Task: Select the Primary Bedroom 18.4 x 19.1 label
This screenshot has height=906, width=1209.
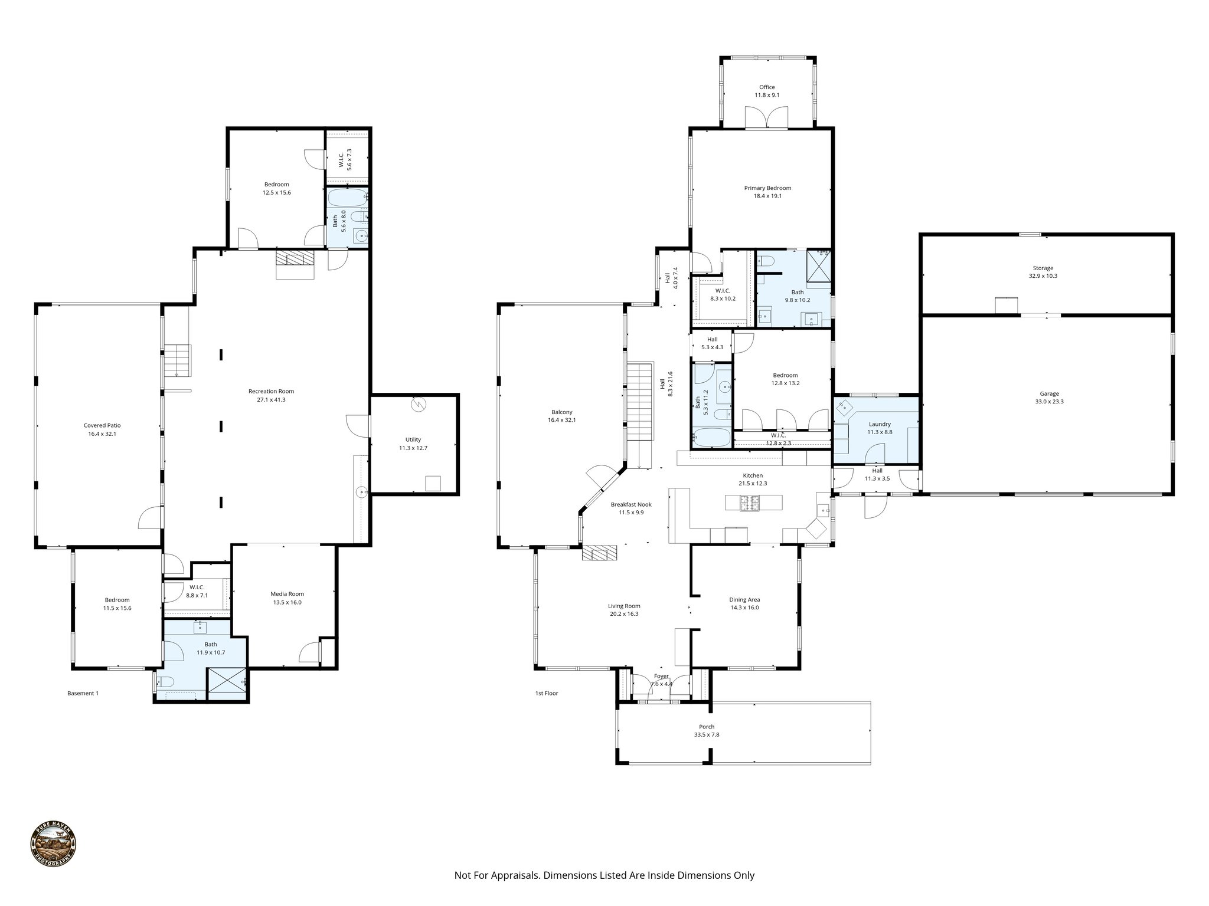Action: click(767, 192)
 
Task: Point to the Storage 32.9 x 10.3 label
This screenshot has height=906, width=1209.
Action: click(1043, 272)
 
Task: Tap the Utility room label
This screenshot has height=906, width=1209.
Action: click(413, 444)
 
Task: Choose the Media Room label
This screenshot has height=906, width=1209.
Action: click(287, 598)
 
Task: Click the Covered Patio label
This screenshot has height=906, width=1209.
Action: click(102, 429)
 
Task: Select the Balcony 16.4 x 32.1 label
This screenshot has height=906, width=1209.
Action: click(561, 416)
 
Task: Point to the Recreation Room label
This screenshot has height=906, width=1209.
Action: click(271, 395)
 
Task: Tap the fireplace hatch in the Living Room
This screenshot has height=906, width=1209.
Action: click(599, 553)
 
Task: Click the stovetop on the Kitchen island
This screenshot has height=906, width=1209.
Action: click(750, 503)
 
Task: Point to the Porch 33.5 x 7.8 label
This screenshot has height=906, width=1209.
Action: click(707, 731)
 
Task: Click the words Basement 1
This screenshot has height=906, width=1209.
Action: click(83, 693)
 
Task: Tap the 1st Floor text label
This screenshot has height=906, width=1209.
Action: click(546, 693)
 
